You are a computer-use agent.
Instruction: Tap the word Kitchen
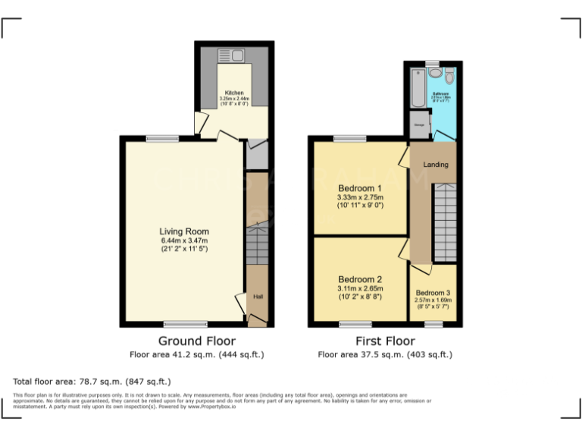(x=233, y=93)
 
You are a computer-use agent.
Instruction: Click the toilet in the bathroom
(x=449, y=75)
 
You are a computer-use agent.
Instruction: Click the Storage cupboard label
(x=418, y=124)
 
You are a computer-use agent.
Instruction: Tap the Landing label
(x=436, y=165)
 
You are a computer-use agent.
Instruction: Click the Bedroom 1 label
(x=360, y=188)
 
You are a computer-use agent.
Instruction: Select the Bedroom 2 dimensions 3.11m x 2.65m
(x=360, y=288)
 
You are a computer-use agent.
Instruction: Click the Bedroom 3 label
(x=433, y=293)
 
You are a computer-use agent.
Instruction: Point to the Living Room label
(x=183, y=231)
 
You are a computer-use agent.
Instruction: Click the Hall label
(x=257, y=296)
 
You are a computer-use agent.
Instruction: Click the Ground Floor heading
(x=196, y=341)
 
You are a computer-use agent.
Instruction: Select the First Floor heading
(x=384, y=341)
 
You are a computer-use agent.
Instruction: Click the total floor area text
(x=92, y=381)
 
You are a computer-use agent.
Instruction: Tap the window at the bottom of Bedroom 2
(x=349, y=325)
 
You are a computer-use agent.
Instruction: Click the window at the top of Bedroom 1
(x=349, y=138)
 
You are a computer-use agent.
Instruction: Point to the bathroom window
(x=432, y=62)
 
